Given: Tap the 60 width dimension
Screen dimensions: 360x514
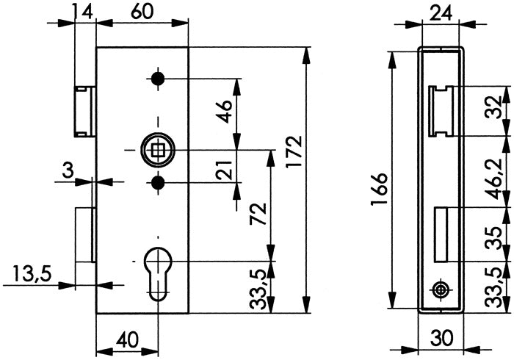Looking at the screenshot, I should pos(143,12).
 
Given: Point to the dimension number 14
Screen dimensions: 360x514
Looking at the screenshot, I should pos(83,12).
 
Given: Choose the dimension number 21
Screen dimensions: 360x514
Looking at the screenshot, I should pos(225,174).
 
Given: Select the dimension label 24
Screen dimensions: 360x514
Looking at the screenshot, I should pos(440,12).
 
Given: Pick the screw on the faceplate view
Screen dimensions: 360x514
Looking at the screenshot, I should pos(439,311).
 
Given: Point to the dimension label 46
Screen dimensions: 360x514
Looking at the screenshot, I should pos(225,111).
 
